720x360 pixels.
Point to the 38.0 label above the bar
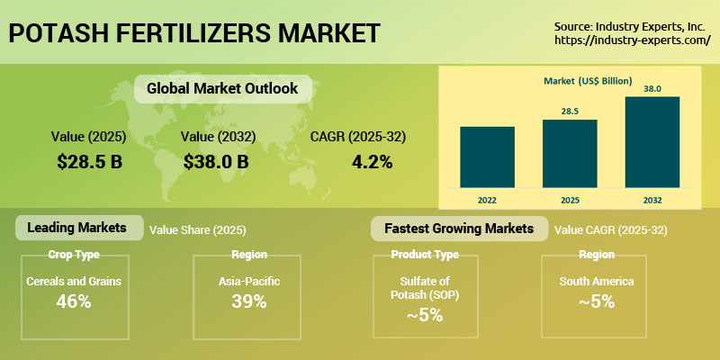pos(652,88)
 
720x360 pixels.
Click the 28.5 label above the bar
pos(570,110)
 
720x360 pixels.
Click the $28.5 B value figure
pos(89,162)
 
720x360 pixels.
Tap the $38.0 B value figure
pos(216,162)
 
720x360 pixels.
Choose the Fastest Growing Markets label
pos(460,228)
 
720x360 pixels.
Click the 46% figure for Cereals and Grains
pos(74,301)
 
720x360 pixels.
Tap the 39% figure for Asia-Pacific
pos(248,301)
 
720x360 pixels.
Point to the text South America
pos(596,282)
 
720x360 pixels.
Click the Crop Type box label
pos(74,254)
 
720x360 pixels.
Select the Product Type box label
pos(425,254)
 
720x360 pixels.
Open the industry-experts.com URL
pos(633,40)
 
